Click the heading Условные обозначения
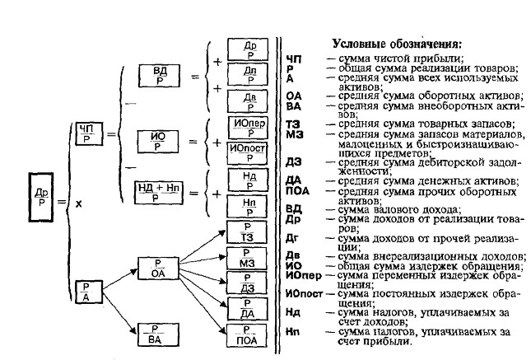coord(396,43)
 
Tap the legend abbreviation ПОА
coord(297,190)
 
